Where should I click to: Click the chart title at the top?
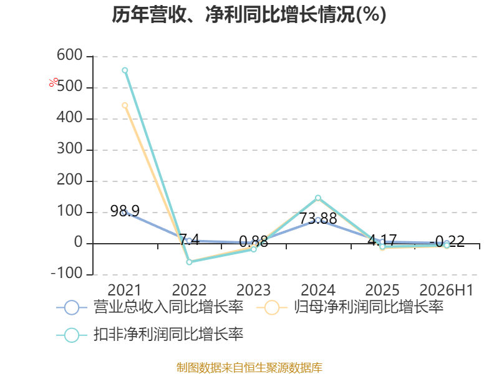(x=249, y=14)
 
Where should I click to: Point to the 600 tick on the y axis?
(x=70, y=55)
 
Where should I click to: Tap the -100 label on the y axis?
(x=67, y=273)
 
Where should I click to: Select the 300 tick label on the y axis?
(x=70, y=148)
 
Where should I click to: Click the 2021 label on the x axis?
(x=124, y=290)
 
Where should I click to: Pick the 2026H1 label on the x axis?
(x=447, y=290)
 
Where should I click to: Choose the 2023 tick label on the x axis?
(x=253, y=290)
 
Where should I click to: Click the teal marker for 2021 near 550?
(x=125, y=70)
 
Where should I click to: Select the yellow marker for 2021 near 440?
(x=125, y=105)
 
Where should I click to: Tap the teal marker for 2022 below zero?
(x=189, y=262)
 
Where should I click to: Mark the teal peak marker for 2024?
(x=318, y=198)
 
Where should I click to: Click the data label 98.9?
(x=125, y=211)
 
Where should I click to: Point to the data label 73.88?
(x=318, y=219)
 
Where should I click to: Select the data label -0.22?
(x=447, y=241)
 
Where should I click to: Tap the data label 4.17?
(x=382, y=240)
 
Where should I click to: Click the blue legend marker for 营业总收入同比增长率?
(x=72, y=307)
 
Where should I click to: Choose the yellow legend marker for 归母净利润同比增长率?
(x=271, y=307)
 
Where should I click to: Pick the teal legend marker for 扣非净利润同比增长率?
(x=72, y=335)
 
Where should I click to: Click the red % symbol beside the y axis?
(x=54, y=82)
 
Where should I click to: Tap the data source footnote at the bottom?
(x=249, y=367)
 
